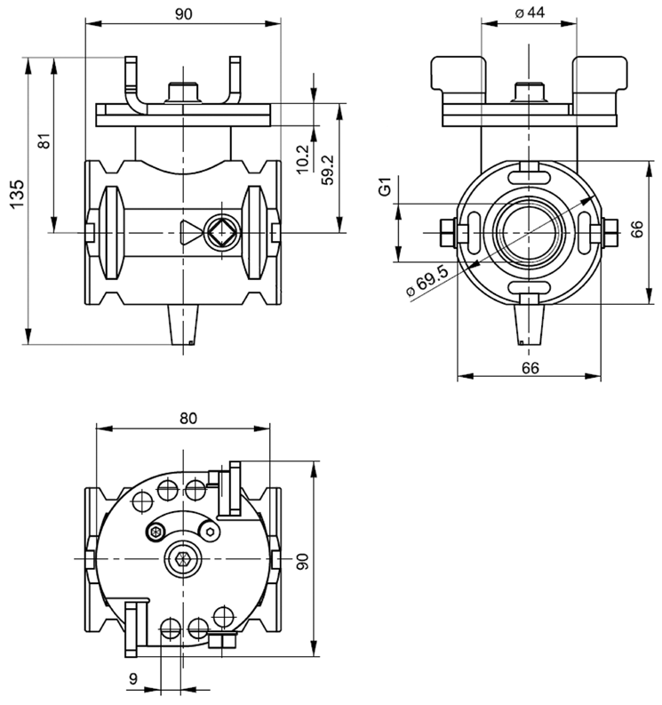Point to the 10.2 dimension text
[x=301, y=158]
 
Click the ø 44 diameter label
[x=529, y=12]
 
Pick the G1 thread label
[x=385, y=188]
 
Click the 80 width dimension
[x=187, y=417]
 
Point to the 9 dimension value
[x=133, y=679]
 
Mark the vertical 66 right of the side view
[x=636, y=229]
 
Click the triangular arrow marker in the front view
[x=188, y=233]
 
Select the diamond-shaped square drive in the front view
[x=221, y=233]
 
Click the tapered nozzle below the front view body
[x=183, y=324]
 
